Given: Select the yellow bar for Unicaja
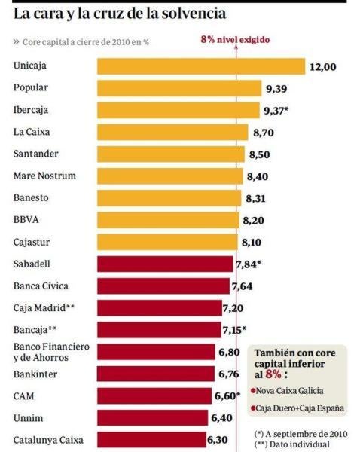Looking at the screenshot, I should [x=200, y=66].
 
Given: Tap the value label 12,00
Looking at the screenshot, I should [x=322, y=67].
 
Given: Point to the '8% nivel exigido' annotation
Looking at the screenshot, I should [x=234, y=39].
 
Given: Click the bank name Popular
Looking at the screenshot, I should [x=31, y=88].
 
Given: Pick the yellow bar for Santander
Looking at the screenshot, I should [x=170, y=154].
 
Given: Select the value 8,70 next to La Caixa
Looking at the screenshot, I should [x=263, y=133].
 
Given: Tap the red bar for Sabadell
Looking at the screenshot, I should [x=165, y=264].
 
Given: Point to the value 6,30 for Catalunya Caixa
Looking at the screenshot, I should [x=222, y=440].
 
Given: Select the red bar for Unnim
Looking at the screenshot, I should [x=152, y=417].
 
